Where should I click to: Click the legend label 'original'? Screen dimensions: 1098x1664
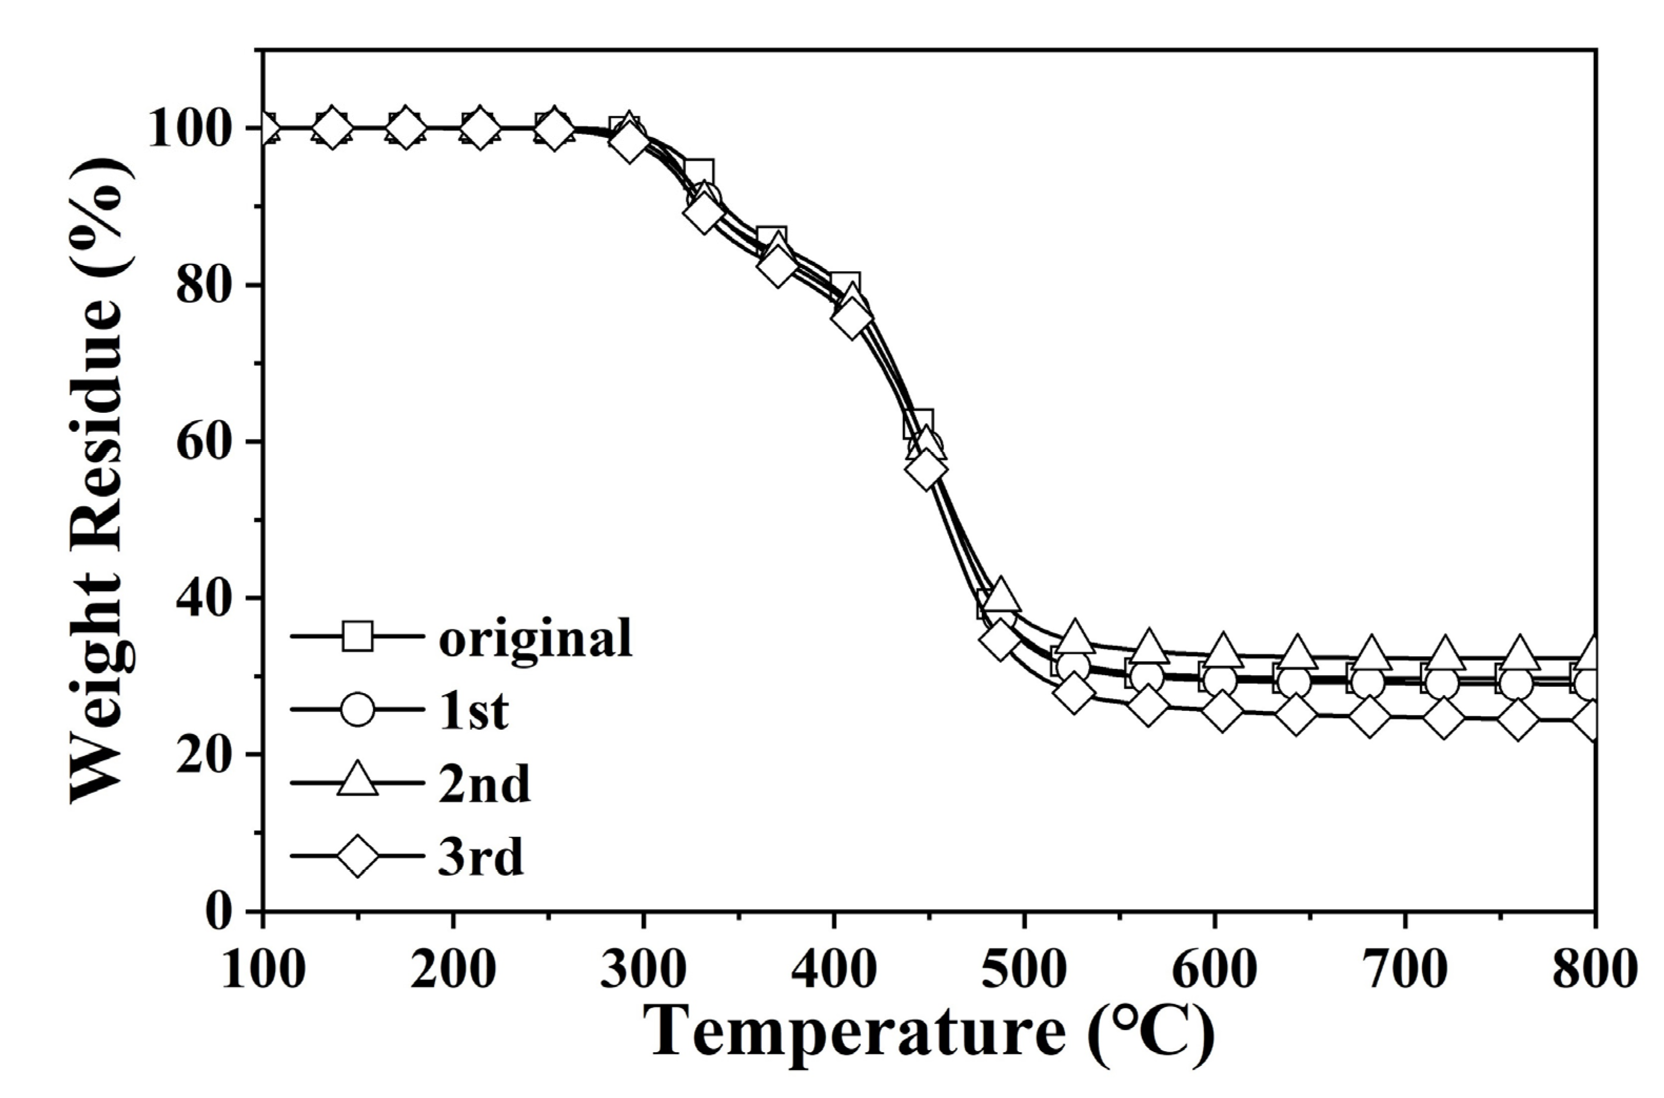(x=536, y=638)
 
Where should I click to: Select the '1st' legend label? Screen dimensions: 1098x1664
(x=473, y=711)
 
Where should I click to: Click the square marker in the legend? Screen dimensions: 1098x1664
(x=357, y=637)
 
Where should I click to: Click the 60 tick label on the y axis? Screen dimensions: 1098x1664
(x=203, y=442)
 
